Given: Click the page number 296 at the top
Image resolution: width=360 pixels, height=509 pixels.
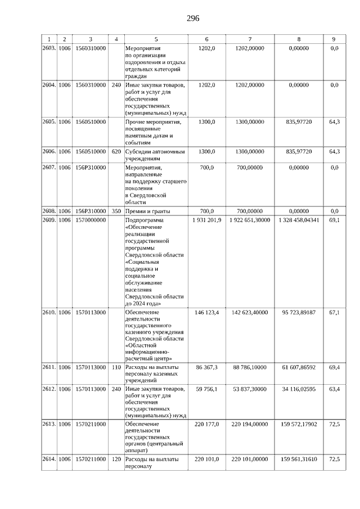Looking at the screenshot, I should coord(193,19).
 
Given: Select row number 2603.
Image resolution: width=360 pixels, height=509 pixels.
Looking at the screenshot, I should coord(49,49).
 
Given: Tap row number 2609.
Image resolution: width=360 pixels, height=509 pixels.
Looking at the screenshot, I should coord(49,220).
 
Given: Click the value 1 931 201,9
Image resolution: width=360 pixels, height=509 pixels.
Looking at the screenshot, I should coord(207,220).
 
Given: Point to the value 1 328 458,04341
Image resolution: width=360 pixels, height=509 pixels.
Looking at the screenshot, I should coord(298,220).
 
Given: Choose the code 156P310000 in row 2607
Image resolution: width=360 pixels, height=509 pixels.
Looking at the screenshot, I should coord(90,168).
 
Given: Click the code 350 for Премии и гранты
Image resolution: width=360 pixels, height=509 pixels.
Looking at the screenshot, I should coord(116,211).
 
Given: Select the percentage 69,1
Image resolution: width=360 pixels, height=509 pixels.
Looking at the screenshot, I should coord(334,220).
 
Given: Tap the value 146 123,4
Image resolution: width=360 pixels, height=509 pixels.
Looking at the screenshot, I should coord(207,312).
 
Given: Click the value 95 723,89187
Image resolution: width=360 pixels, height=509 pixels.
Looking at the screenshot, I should coord(298,312).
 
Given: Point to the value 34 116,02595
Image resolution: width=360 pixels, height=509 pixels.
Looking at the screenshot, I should coord(298,389).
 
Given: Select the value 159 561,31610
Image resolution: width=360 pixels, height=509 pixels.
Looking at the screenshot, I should coord(298,460).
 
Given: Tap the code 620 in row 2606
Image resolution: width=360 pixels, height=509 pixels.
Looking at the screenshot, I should coord(116,151).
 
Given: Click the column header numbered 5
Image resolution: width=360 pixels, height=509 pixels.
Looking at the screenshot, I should coord(156,39).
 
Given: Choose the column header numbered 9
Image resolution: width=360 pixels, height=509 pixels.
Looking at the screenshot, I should coord(334,39).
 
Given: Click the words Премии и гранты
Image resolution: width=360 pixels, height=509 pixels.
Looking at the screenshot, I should coord(147,211).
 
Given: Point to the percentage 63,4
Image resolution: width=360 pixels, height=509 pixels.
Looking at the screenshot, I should coord(334,389).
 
